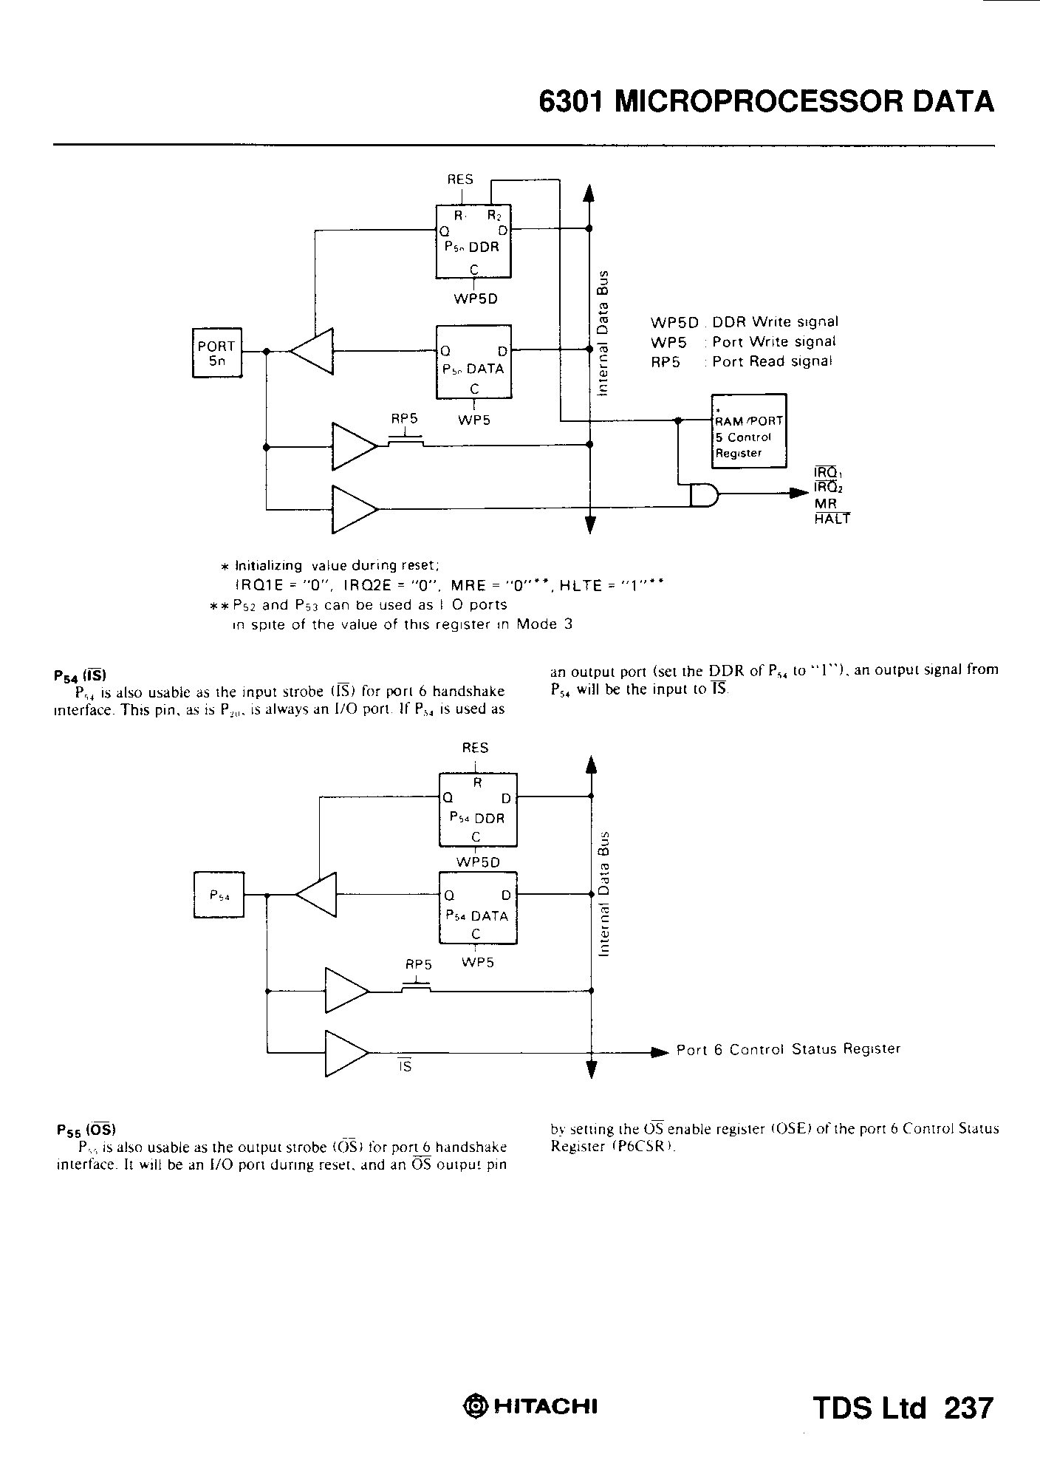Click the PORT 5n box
pyautogui.click(x=216, y=352)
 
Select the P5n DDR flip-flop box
pyautogui.click(x=473, y=241)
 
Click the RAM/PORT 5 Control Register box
pyautogui.click(x=748, y=431)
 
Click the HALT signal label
pyautogui.click(x=832, y=519)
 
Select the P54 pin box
pyautogui.click(x=219, y=895)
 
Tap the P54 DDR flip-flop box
pyautogui.click(x=478, y=809)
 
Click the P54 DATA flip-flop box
pyautogui.click(x=478, y=908)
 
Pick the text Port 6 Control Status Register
pyautogui.click(x=788, y=1049)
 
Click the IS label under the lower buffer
pyautogui.click(x=405, y=1066)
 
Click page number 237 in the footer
pyautogui.click(x=968, y=1408)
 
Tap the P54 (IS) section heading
pyautogui.click(x=81, y=675)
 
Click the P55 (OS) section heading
pyautogui.click(x=86, y=1130)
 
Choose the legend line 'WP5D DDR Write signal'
pyautogui.click(x=744, y=322)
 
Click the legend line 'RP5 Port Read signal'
pyautogui.click(x=741, y=361)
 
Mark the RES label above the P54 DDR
pyautogui.click(x=475, y=748)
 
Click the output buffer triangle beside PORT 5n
pyautogui.click(x=312, y=352)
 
